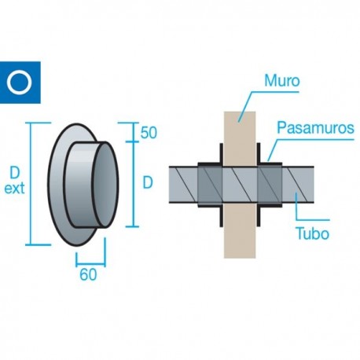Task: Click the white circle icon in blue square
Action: [17, 81]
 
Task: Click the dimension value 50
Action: [149, 133]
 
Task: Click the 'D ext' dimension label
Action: [15, 181]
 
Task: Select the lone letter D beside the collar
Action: [148, 182]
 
